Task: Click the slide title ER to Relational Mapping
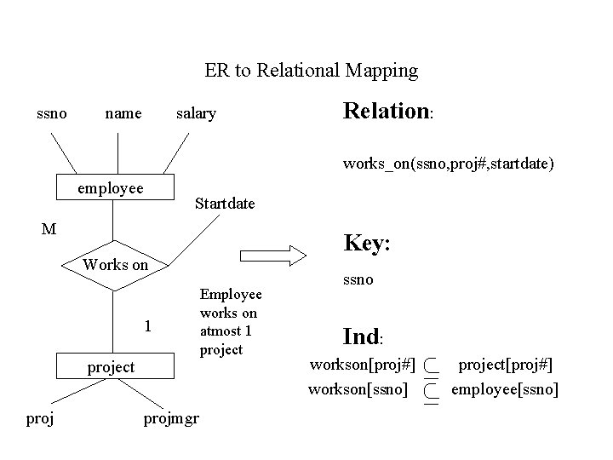pos(312,71)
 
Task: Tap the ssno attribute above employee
pos(52,112)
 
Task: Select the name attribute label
pos(123,113)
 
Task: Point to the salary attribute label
pos(196,113)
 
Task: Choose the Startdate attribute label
pos(225,204)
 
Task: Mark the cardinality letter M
pos(49,228)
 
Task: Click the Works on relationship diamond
pos(116,265)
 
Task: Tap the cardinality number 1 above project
pos(148,325)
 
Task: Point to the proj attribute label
pos(40,420)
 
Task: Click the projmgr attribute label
pos(170,420)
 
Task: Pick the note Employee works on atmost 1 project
pos(230,322)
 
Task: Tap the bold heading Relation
pos(387,112)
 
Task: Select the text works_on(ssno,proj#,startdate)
pos(449,163)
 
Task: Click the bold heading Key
pos(367,243)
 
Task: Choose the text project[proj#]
pos(506,365)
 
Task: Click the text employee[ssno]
pos(505,390)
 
